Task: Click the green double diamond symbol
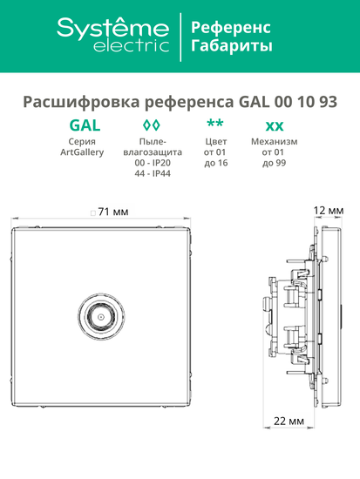tap(151, 124)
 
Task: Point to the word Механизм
tap(274, 141)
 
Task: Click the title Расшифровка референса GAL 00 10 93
tap(180, 98)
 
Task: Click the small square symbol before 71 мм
tap(92, 213)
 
